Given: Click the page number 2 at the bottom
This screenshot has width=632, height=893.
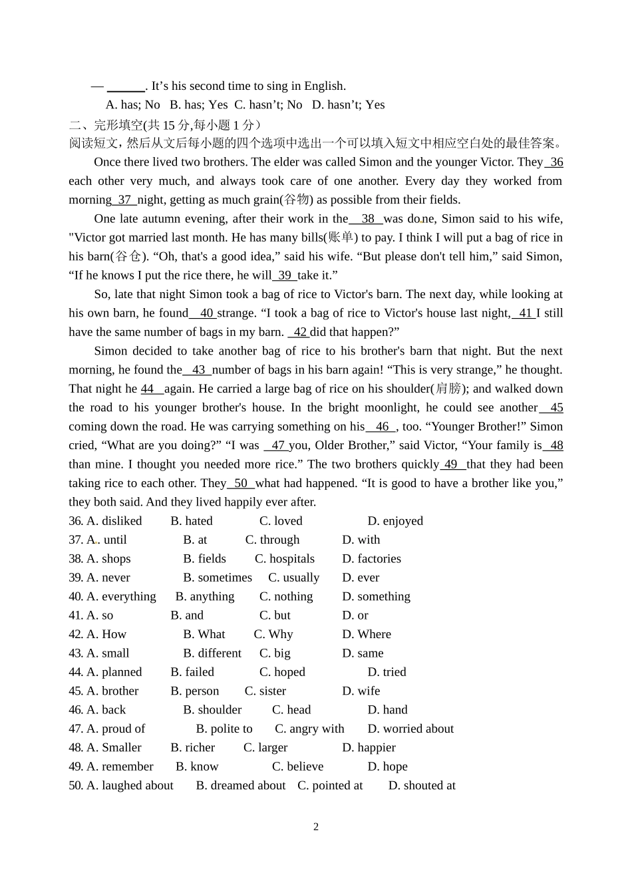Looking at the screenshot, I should pos(316,827).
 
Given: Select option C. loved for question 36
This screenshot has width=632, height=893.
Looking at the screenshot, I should pos(281,521).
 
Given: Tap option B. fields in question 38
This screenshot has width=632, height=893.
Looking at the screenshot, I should pos(205,559).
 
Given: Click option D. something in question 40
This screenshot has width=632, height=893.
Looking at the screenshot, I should pos(377,597).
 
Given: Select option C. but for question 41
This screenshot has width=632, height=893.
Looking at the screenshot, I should pos(275,616).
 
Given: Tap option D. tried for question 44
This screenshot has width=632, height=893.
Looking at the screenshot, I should pos(387,672).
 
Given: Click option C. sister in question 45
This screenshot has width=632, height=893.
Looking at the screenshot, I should pos(265,691).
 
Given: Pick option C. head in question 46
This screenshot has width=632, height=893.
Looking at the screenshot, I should pos(291,710).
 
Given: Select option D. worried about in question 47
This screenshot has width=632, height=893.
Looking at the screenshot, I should pos(410,729).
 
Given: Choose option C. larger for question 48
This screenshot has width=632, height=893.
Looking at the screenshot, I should pos(265,748).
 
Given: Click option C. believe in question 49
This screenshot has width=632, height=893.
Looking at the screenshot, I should pos(297,767).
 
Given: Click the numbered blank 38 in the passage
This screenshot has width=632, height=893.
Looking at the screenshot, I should pos(367,219).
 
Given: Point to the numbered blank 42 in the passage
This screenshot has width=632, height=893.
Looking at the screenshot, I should pos(300,332).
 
